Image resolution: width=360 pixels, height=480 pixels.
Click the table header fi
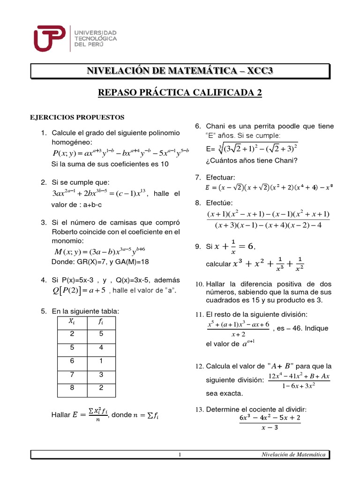[101, 321]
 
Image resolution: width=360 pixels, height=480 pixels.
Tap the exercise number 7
[197, 177]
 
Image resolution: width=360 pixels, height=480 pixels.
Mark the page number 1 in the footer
[180, 455]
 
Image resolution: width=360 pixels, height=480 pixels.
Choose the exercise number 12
[198, 366]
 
